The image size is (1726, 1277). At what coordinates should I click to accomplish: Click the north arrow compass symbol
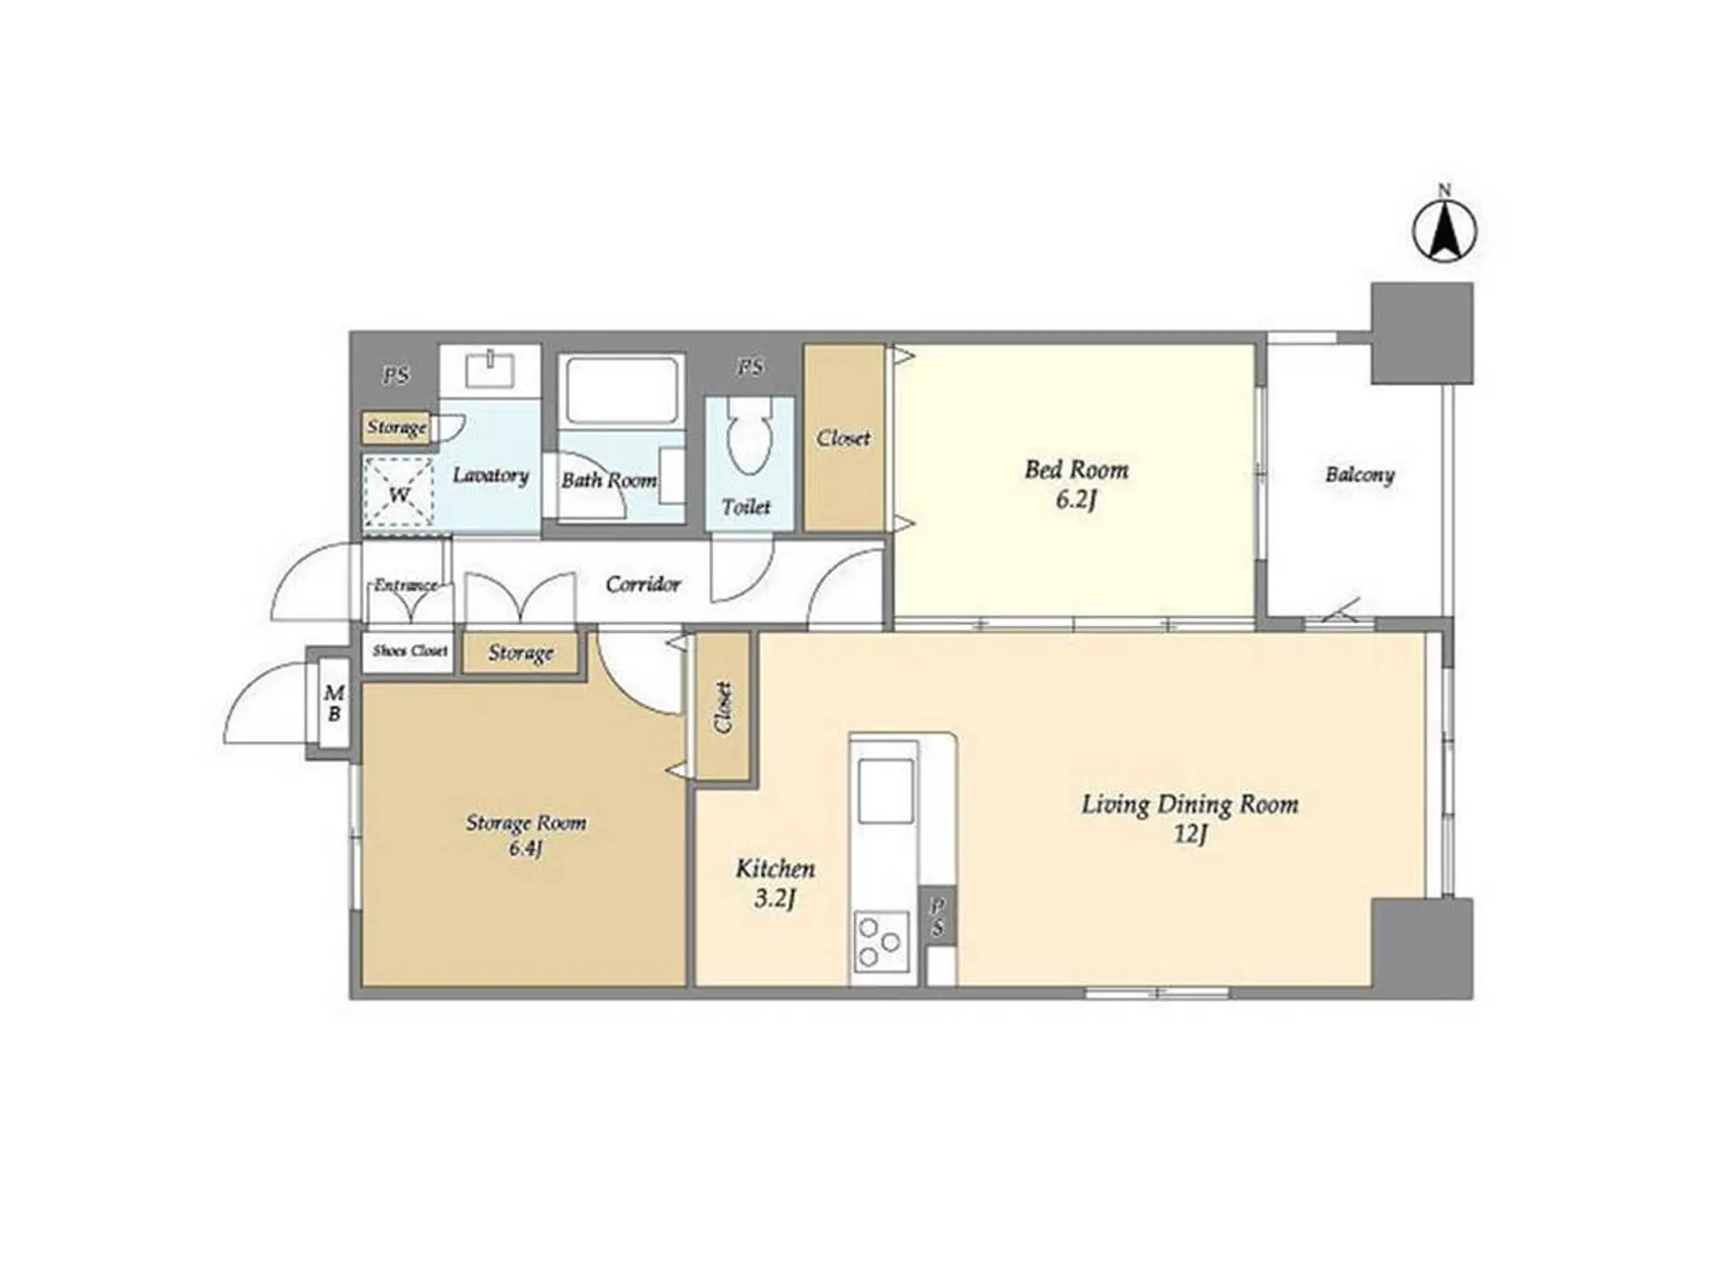1444,231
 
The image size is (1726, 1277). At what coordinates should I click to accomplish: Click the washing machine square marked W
398,493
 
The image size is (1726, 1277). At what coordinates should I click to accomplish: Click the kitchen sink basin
885,791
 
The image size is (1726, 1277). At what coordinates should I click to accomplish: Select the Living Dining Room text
1189,805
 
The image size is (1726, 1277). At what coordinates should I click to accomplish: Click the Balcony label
1360,475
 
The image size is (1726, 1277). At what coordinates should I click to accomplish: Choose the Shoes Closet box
410,652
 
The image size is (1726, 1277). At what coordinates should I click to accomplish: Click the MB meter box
334,702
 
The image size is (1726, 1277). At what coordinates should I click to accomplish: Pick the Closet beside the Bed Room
843,437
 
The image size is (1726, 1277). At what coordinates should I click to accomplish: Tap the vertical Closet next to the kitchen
723,707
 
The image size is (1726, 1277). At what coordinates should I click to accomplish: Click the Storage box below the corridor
521,653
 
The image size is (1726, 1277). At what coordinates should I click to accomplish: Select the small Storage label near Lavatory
396,428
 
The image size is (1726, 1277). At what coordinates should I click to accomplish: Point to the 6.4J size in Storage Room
525,849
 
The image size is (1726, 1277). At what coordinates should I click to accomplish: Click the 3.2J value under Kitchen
774,899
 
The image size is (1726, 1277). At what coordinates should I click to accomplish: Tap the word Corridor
643,583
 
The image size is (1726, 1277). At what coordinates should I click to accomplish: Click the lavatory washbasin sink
490,368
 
